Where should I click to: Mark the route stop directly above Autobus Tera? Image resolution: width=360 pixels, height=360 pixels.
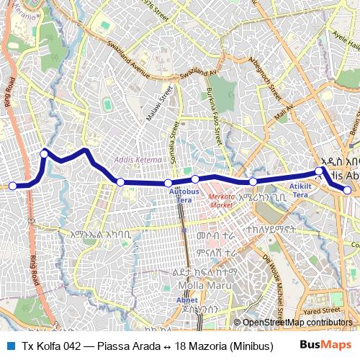tap(168, 183)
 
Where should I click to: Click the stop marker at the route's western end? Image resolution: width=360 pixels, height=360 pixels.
tap(12, 186)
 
